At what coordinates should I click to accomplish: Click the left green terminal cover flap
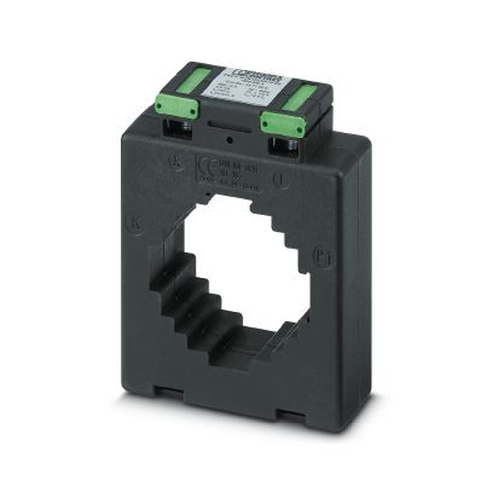[177, 107]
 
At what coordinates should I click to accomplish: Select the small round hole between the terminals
[230, 141]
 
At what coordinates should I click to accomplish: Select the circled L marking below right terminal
[281, 182]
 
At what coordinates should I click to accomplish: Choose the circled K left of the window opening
[137, 223]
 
